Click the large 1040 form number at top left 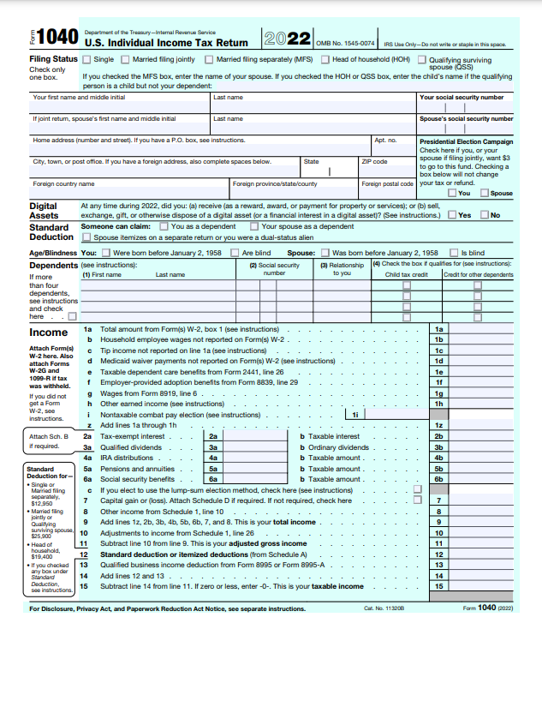[58, 38]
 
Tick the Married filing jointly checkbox [126, 60]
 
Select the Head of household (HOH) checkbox [325, 60]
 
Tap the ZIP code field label [374, 161]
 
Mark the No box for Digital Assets [484, 215]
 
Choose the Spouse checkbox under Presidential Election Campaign [485, 193]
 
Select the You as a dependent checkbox [164, 226]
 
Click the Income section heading [49, 333]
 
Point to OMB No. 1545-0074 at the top [345, 43]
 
